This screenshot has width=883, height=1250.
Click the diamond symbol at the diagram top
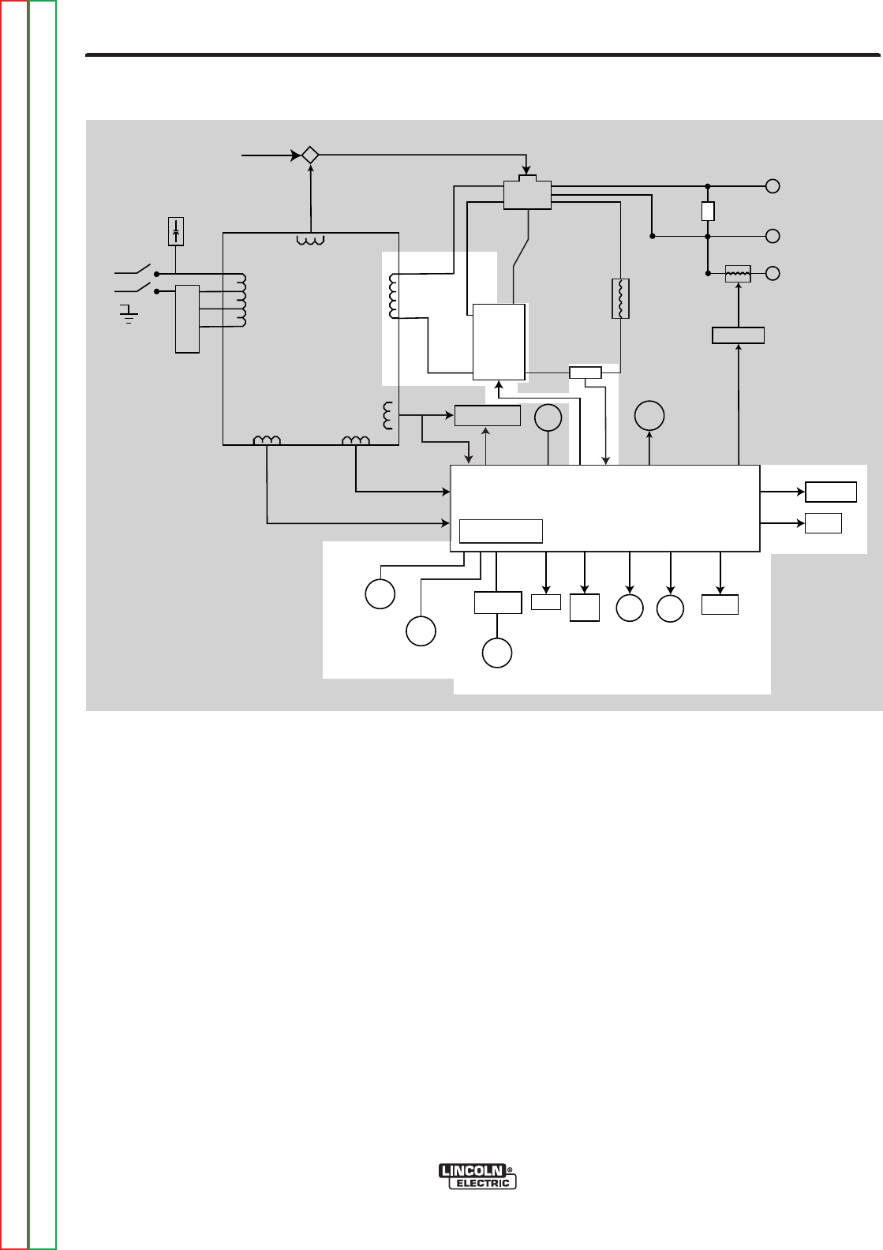(x=310, y=155)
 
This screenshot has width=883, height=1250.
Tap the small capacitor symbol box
(x=176, y=232)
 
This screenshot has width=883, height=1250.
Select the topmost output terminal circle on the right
(x=773, y=186)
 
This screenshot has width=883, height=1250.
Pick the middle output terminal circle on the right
(x=773, y=236)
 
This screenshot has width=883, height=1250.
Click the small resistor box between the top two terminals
(x=708, y=211)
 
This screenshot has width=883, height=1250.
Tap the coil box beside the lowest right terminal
(x=738, y=273)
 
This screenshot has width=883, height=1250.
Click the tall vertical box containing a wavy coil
(x=621, y=298)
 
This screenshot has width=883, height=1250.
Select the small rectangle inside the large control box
(x=501, y=531)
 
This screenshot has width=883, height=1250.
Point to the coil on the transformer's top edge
(x=311, y=240)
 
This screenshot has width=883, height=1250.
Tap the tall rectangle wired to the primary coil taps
(x=187, y=318)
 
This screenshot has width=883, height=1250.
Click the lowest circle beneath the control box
(x=497, y=653)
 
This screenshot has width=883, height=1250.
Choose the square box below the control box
(x=584, y=608)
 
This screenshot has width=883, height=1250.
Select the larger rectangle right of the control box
(x=830, y=492)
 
